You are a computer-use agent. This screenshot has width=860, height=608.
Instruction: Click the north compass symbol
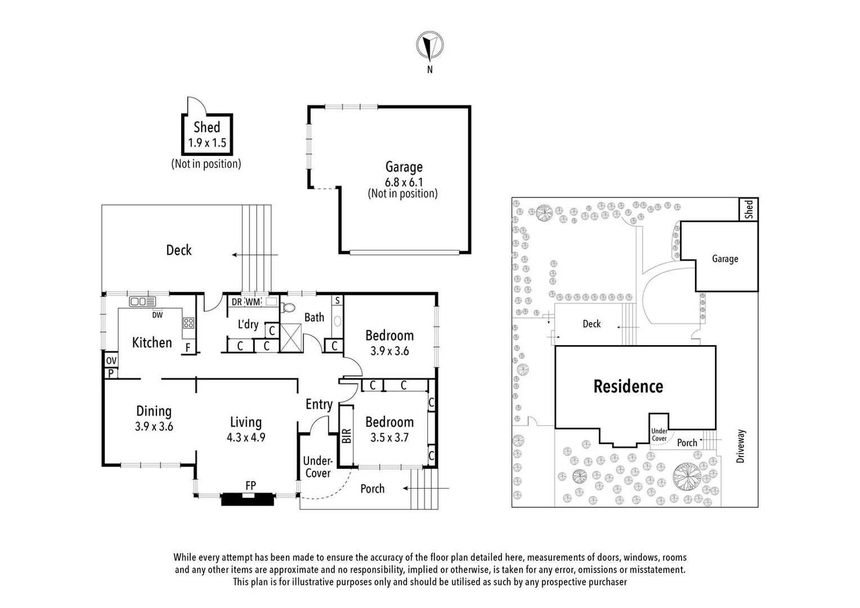pos(429,46)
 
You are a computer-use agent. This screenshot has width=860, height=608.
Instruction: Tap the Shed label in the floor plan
pos(207,128)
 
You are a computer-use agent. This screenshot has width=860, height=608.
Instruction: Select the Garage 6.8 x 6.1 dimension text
pos(404,182)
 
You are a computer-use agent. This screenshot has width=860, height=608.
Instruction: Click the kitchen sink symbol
pos(142,302)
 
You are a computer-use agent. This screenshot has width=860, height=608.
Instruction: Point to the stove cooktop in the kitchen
pos(188,323)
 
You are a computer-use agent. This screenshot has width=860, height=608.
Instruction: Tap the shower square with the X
pos(292,338)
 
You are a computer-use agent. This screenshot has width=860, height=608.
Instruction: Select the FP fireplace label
pos(250,485)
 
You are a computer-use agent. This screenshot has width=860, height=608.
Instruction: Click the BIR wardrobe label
pos(346,436)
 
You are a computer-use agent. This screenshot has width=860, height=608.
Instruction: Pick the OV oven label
pos(111,360)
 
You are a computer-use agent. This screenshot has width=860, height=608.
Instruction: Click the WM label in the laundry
pos(253,302)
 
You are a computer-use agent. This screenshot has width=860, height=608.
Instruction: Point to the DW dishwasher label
pos(157,315)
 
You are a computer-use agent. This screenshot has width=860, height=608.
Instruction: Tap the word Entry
pos(319,404)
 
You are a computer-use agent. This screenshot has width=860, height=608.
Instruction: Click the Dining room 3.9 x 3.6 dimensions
pos(154,427)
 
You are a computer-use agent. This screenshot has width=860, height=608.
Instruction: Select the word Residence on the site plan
pos(628,386)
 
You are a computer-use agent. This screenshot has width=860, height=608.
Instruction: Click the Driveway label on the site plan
pos(740,446)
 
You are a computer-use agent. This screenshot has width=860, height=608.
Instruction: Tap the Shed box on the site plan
pos(748,209)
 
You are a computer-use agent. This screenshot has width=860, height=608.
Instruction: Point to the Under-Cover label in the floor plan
pos(317,467)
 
